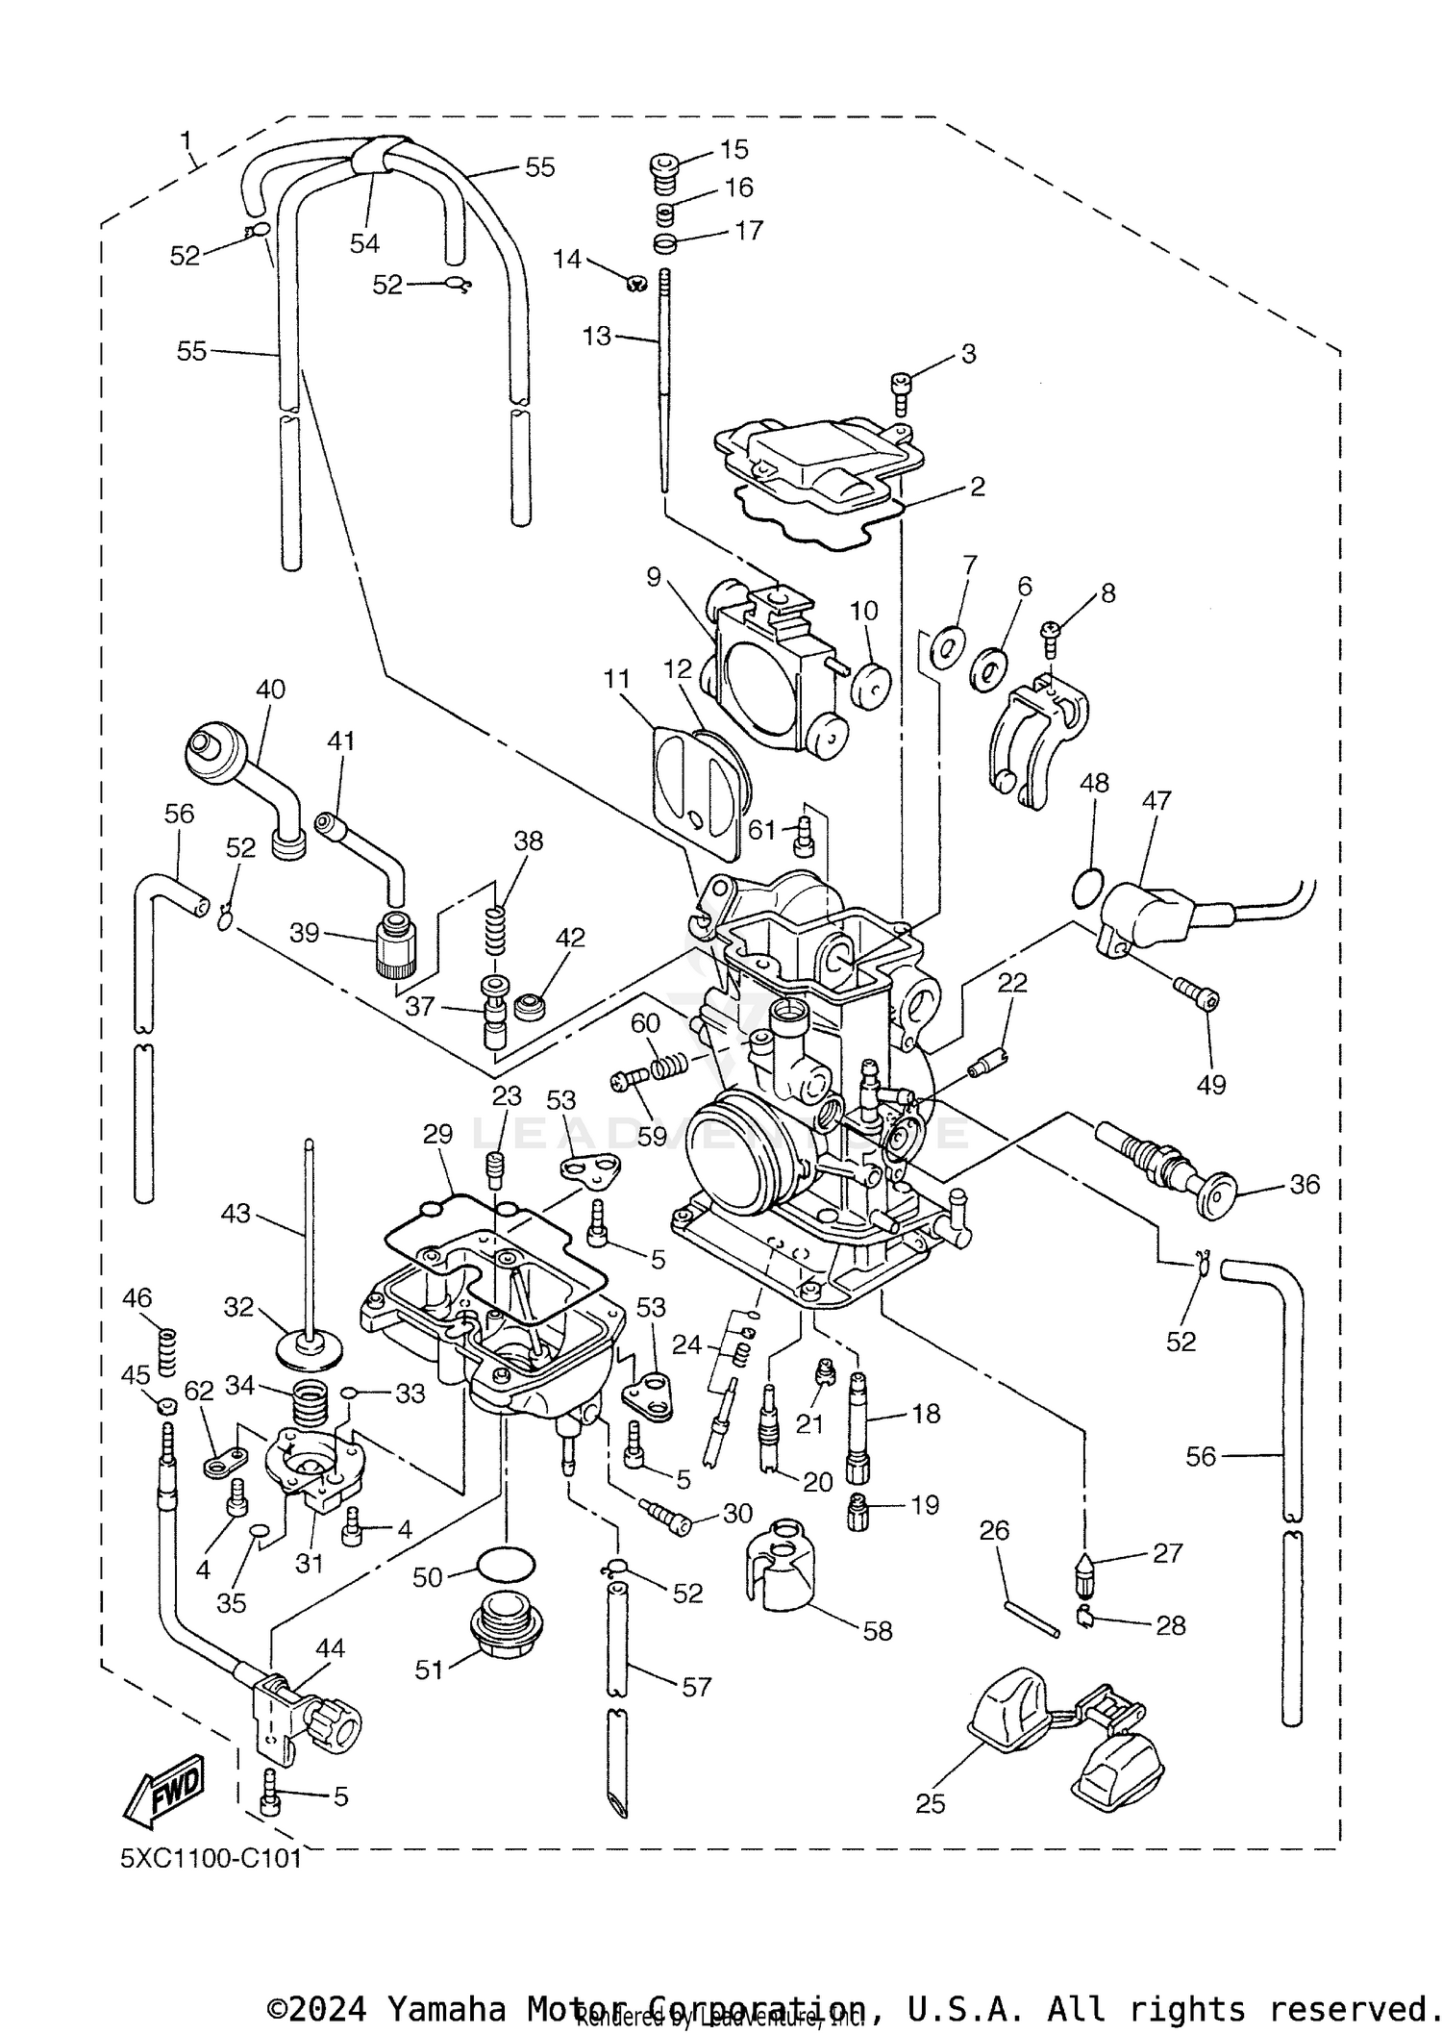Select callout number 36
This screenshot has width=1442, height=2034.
coord(1304,1184)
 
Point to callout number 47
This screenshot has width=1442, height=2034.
coord(1156,800)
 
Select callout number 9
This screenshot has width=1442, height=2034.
coord(654,577)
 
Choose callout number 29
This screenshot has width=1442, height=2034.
coord(437,1135)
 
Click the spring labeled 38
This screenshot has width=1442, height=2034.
coord(494,930)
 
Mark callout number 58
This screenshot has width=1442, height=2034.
coord(878,1630)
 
